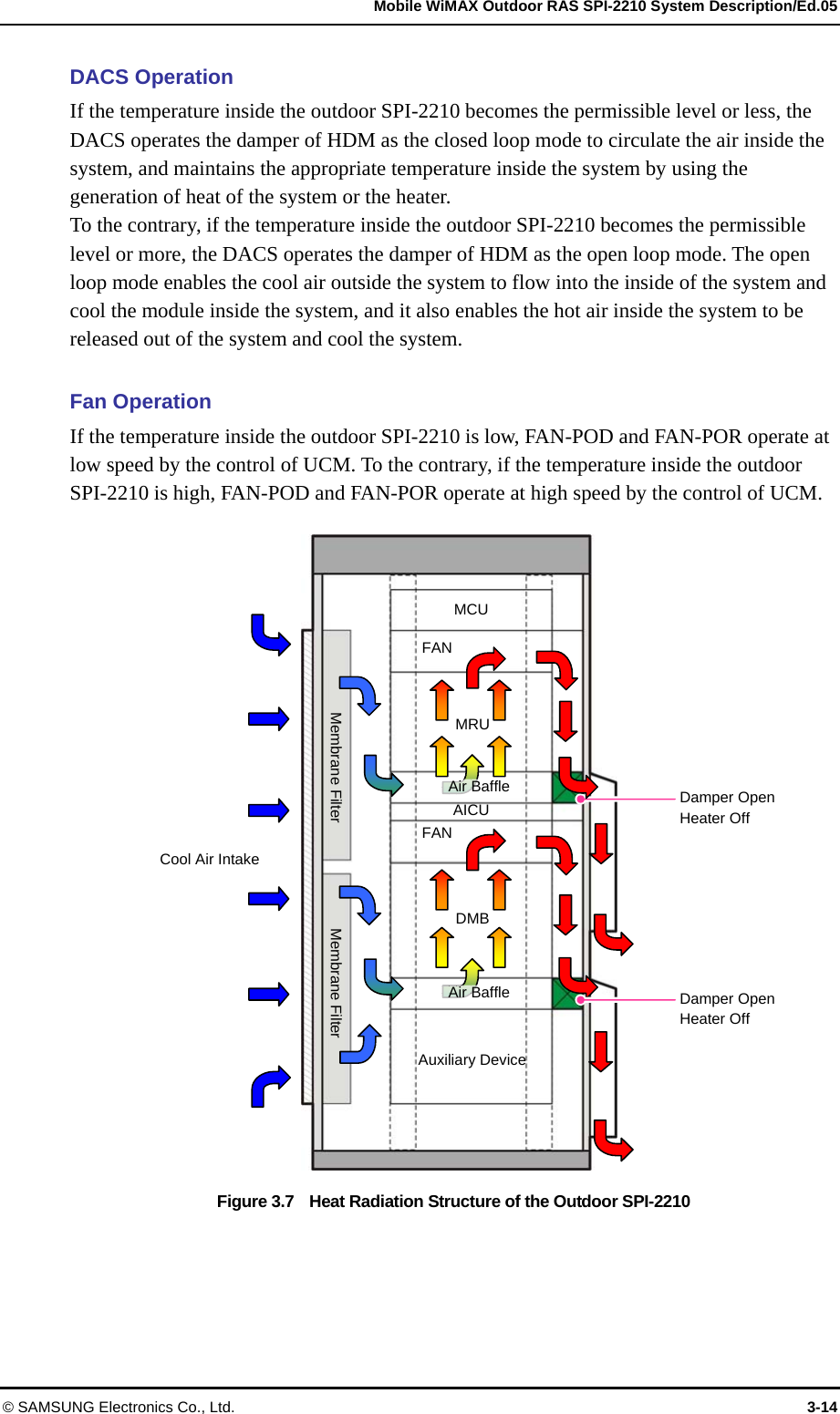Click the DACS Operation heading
[151, 77]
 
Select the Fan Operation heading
[140, 402]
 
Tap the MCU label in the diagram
[471, 610]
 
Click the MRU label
[472, 725]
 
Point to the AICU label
[471, 810]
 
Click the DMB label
[472, 919]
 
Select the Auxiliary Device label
[472, 1060]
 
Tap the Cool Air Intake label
[209, 860]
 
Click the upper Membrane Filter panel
[336, 746]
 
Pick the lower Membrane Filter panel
[336, 987]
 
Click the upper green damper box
[566, 788]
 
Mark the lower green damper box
[566, 994]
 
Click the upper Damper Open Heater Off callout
[727, 808]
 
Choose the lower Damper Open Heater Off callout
[727, 1009]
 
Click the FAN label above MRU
[437, 648]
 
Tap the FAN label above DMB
[437, 833]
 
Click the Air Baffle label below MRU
[479, 787]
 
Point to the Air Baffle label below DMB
[479, 993]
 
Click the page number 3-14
[822, 1407]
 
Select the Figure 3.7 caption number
[255, 1202]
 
